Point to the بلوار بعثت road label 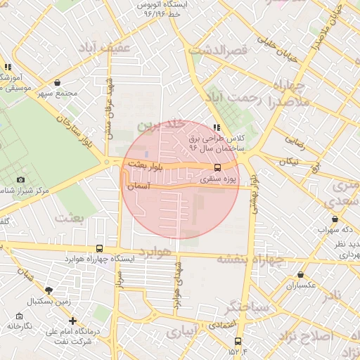tap(146, 164)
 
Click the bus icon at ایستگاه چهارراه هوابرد tap(99, 248)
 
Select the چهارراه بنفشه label tap(250, 259)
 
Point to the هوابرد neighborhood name tap(155, 251)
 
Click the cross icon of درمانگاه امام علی tap(72, 321)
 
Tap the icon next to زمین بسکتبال tap(48, 290)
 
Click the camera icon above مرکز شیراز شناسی tap(20, 181)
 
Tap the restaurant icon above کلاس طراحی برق tap(217, 127)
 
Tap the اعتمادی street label tap(241, 326)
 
